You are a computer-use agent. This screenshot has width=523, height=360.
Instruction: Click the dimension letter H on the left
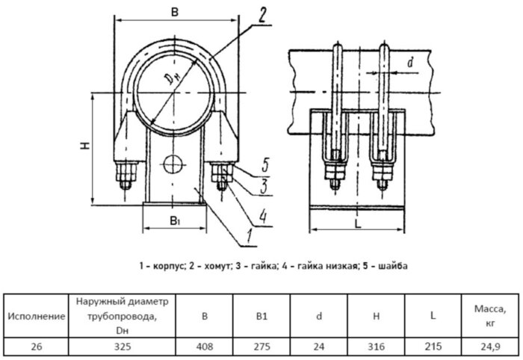click(85, 147)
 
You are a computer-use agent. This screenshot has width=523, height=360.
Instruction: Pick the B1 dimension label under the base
click(174, 221)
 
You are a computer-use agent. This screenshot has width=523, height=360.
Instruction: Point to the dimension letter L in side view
click(358, 223)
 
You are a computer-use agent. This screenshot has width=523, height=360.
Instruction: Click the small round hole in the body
click(173, 162)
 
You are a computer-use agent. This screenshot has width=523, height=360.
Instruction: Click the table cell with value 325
click(121, 347)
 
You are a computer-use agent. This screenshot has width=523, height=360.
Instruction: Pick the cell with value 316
click(376, 347)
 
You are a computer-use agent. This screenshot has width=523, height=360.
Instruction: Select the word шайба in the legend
click(393, 265)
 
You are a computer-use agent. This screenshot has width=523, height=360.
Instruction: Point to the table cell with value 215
click(433, 347)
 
